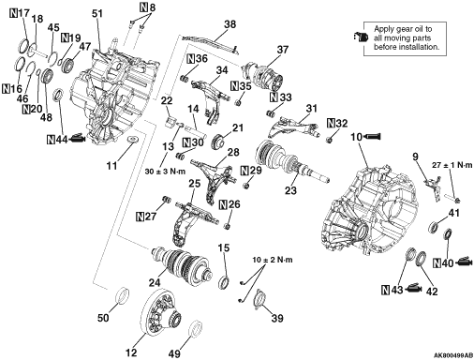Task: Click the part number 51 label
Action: click(x=97, y=14)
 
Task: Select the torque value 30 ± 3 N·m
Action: click(x=165, y=172)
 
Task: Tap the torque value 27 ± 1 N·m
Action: click(x=452, y=165)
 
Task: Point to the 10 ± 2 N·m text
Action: click(x=273, y=260)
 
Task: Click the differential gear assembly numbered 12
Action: click(x=161, y=312)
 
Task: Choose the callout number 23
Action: click(x=290, y=190)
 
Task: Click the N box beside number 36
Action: click(x=191, y=59)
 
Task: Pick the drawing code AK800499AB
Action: click(x=453, y=355)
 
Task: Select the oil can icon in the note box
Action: click(x=361, y=37)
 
